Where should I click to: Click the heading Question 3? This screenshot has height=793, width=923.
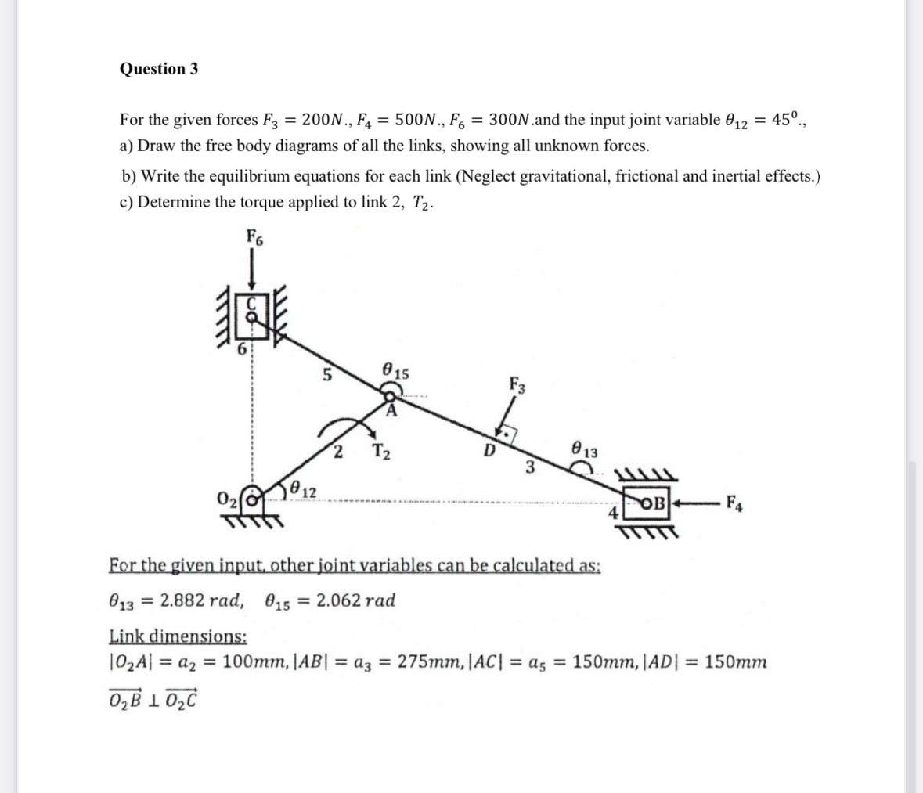[159, 69]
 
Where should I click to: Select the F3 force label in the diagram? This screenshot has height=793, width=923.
[517, 384]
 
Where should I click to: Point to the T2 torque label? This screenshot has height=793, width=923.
[382, 452]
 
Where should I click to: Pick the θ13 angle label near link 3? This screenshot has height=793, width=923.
[585, 450]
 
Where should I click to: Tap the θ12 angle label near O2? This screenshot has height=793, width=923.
[303, 491]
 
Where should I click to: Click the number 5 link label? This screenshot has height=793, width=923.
[326, 376]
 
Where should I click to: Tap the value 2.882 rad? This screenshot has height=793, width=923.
[198, 600]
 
